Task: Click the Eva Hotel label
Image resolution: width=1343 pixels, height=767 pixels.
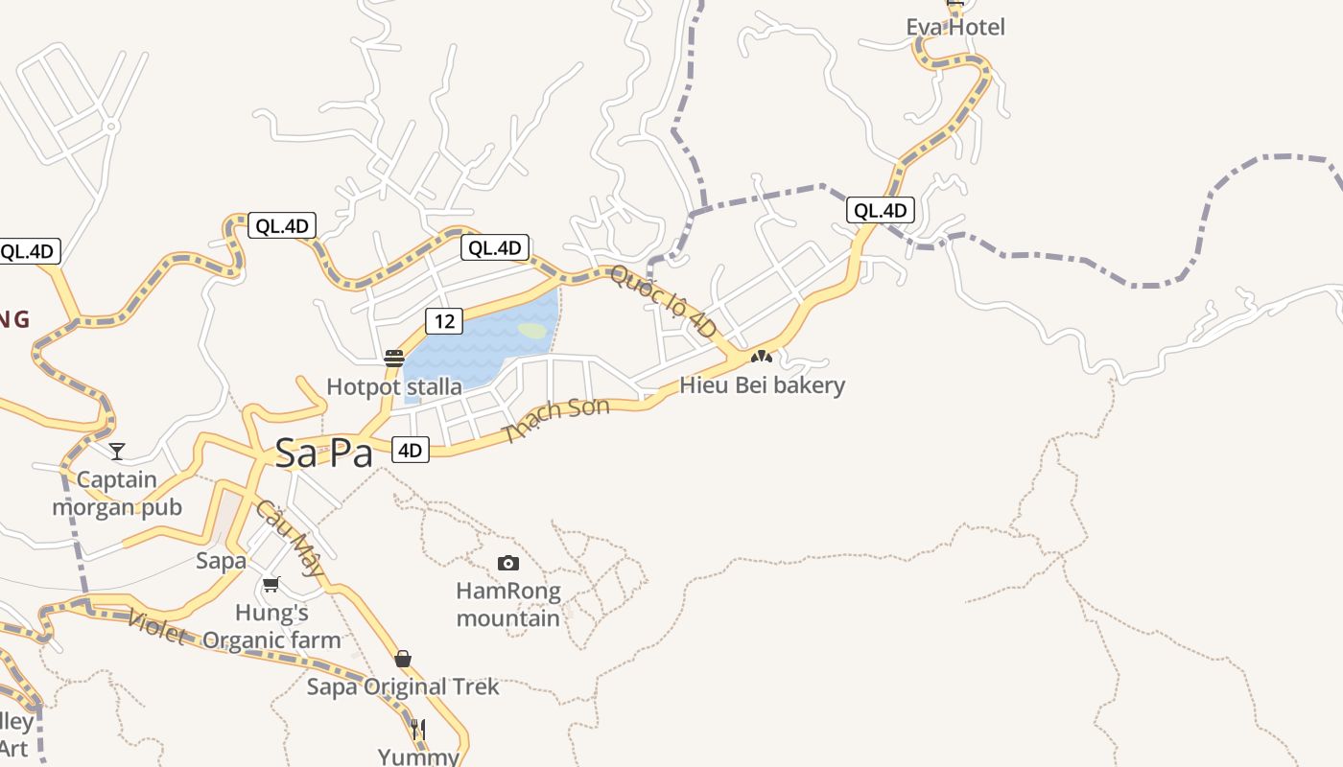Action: click(955, 27)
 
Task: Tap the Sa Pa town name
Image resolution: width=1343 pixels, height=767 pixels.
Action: click(323, 453)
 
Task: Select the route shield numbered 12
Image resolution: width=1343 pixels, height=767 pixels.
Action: click(445, 320)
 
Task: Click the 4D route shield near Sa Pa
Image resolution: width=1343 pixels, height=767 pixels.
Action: click(411, 450)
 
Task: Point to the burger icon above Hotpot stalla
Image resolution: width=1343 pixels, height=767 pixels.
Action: click(394, 359)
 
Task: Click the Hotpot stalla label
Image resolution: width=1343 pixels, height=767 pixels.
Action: click(394, 387)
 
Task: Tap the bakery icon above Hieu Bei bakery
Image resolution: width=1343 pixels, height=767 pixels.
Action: click(762, 357)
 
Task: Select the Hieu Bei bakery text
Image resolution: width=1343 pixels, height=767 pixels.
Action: click(763, 385)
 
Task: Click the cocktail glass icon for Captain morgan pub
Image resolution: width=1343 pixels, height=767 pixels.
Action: click(117, 451)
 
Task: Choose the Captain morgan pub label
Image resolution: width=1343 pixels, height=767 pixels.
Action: click(117, 493)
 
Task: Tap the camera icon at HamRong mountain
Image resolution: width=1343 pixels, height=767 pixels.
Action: click(508, 563)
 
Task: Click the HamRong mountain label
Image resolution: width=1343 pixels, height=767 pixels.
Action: click(508, 604)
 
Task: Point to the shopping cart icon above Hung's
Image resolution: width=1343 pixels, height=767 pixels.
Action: click(271, 584)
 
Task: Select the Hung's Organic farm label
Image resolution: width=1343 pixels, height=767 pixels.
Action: click(272, 626)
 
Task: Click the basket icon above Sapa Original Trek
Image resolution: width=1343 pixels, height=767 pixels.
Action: click(403, 659)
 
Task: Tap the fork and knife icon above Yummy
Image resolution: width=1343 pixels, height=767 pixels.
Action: click(418, 730)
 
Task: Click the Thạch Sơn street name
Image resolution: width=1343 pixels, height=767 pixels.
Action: click(556, 420)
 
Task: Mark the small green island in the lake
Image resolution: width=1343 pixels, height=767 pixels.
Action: click(532, 331)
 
